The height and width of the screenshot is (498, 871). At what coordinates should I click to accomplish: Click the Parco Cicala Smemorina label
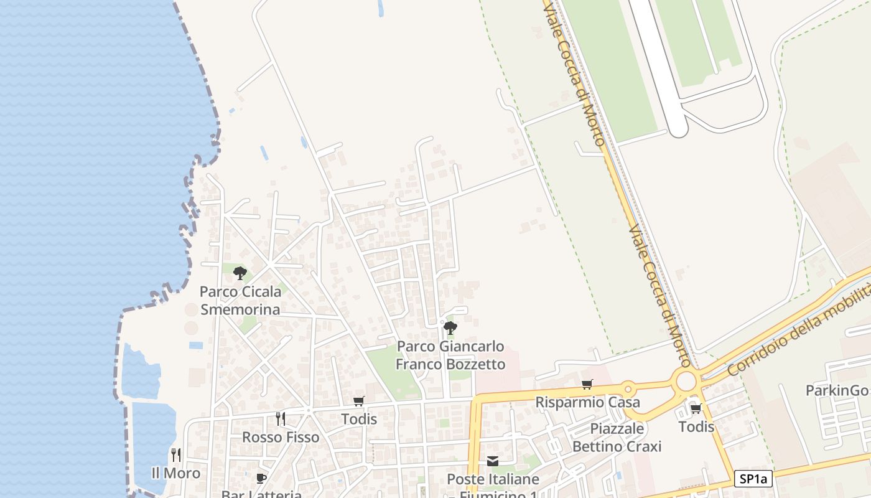[240, 300]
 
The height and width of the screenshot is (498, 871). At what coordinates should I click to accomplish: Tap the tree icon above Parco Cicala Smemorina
[240, 273]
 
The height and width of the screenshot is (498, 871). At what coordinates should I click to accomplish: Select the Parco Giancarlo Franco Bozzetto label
[450, 355]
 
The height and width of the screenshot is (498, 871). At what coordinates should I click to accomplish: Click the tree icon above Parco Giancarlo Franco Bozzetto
[450, 327]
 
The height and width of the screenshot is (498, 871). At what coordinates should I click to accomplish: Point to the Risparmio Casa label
[587, 402]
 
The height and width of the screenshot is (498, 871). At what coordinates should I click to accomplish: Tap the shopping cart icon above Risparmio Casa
[587, 384]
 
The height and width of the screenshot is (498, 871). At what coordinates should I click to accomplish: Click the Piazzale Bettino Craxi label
[617, 437]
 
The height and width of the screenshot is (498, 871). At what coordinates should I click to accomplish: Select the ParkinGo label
[837, 390]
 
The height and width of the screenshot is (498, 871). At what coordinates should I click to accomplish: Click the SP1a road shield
[753, 479]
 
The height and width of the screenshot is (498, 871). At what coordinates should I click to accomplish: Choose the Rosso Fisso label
[281, 437]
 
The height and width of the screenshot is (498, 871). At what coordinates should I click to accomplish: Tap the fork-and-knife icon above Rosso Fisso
[281, 418]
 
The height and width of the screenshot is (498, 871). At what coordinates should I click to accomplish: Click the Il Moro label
[176, 473]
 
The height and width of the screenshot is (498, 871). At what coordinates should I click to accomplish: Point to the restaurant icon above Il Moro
[176, 455]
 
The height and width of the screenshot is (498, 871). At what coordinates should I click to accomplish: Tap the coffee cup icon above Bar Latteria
[261, 478]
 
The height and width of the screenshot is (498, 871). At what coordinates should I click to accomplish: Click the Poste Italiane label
[493, 479]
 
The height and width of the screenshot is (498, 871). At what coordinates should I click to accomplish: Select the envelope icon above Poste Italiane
[493, 461]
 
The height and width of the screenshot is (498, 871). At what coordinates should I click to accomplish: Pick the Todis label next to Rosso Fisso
[359, 419]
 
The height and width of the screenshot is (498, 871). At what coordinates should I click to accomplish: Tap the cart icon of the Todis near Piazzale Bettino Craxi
[696, 408]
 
